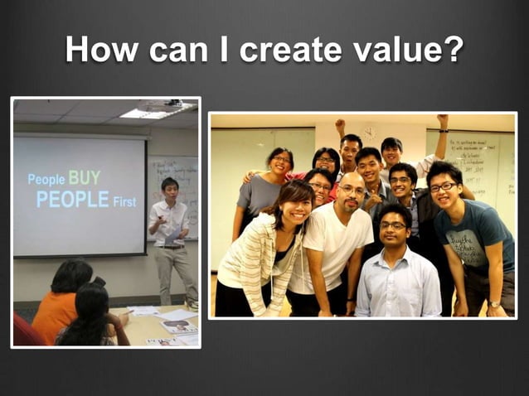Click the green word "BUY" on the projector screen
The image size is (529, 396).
pos(85,177)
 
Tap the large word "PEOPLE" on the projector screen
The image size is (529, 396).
pos(72,200)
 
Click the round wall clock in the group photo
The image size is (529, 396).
pos(369,133)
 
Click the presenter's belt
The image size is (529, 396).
pos(172,246)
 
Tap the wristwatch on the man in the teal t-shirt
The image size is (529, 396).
pos(494,304)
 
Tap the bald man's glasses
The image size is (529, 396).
pos(352,191)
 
